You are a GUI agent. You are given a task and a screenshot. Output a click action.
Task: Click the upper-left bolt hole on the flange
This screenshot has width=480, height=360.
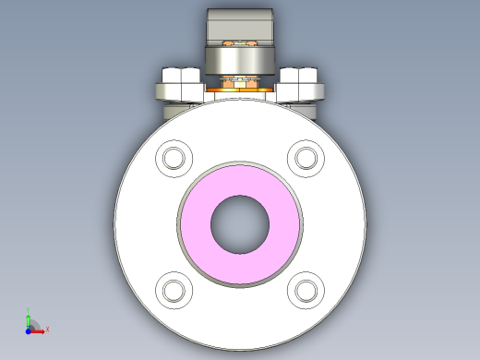point(174,158)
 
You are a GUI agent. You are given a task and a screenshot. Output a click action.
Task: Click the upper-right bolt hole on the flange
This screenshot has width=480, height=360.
point(306,158)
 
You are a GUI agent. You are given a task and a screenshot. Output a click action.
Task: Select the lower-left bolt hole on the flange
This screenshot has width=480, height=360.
point(174,291)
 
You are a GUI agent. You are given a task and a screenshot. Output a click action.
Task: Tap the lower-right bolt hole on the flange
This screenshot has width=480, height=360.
point(306,291)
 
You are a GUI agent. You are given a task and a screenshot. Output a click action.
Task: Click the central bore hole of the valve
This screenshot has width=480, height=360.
point(240,224)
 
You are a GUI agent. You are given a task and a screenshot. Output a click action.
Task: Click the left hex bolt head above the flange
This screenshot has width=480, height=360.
point(180,75)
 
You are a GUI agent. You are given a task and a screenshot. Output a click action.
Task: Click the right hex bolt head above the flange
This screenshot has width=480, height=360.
point(300,75)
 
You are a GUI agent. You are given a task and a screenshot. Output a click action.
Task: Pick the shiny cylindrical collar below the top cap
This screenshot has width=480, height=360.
point(240,62)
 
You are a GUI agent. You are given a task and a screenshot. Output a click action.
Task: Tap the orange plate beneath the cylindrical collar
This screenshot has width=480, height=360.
point(240,90)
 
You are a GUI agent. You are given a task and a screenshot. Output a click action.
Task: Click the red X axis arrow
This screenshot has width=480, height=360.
point(39,328)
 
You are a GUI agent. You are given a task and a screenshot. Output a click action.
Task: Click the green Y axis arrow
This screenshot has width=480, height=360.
point(29,318)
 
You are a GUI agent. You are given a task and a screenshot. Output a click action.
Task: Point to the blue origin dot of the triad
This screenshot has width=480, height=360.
point(29,328)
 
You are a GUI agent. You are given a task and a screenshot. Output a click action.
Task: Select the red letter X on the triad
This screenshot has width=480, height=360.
point(47,329)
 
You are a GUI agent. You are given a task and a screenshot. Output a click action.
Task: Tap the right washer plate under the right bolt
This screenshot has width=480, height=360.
point(302,91)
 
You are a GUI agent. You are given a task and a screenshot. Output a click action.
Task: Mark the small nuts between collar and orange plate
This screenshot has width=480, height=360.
point(240,81)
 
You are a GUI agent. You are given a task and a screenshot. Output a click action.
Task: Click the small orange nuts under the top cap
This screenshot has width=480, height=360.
point(240,43)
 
